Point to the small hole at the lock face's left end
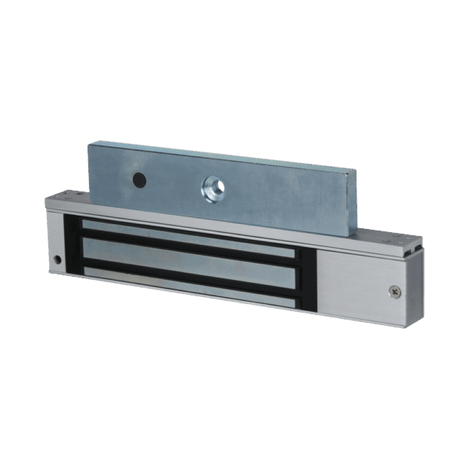57,259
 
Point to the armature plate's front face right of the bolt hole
281,195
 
